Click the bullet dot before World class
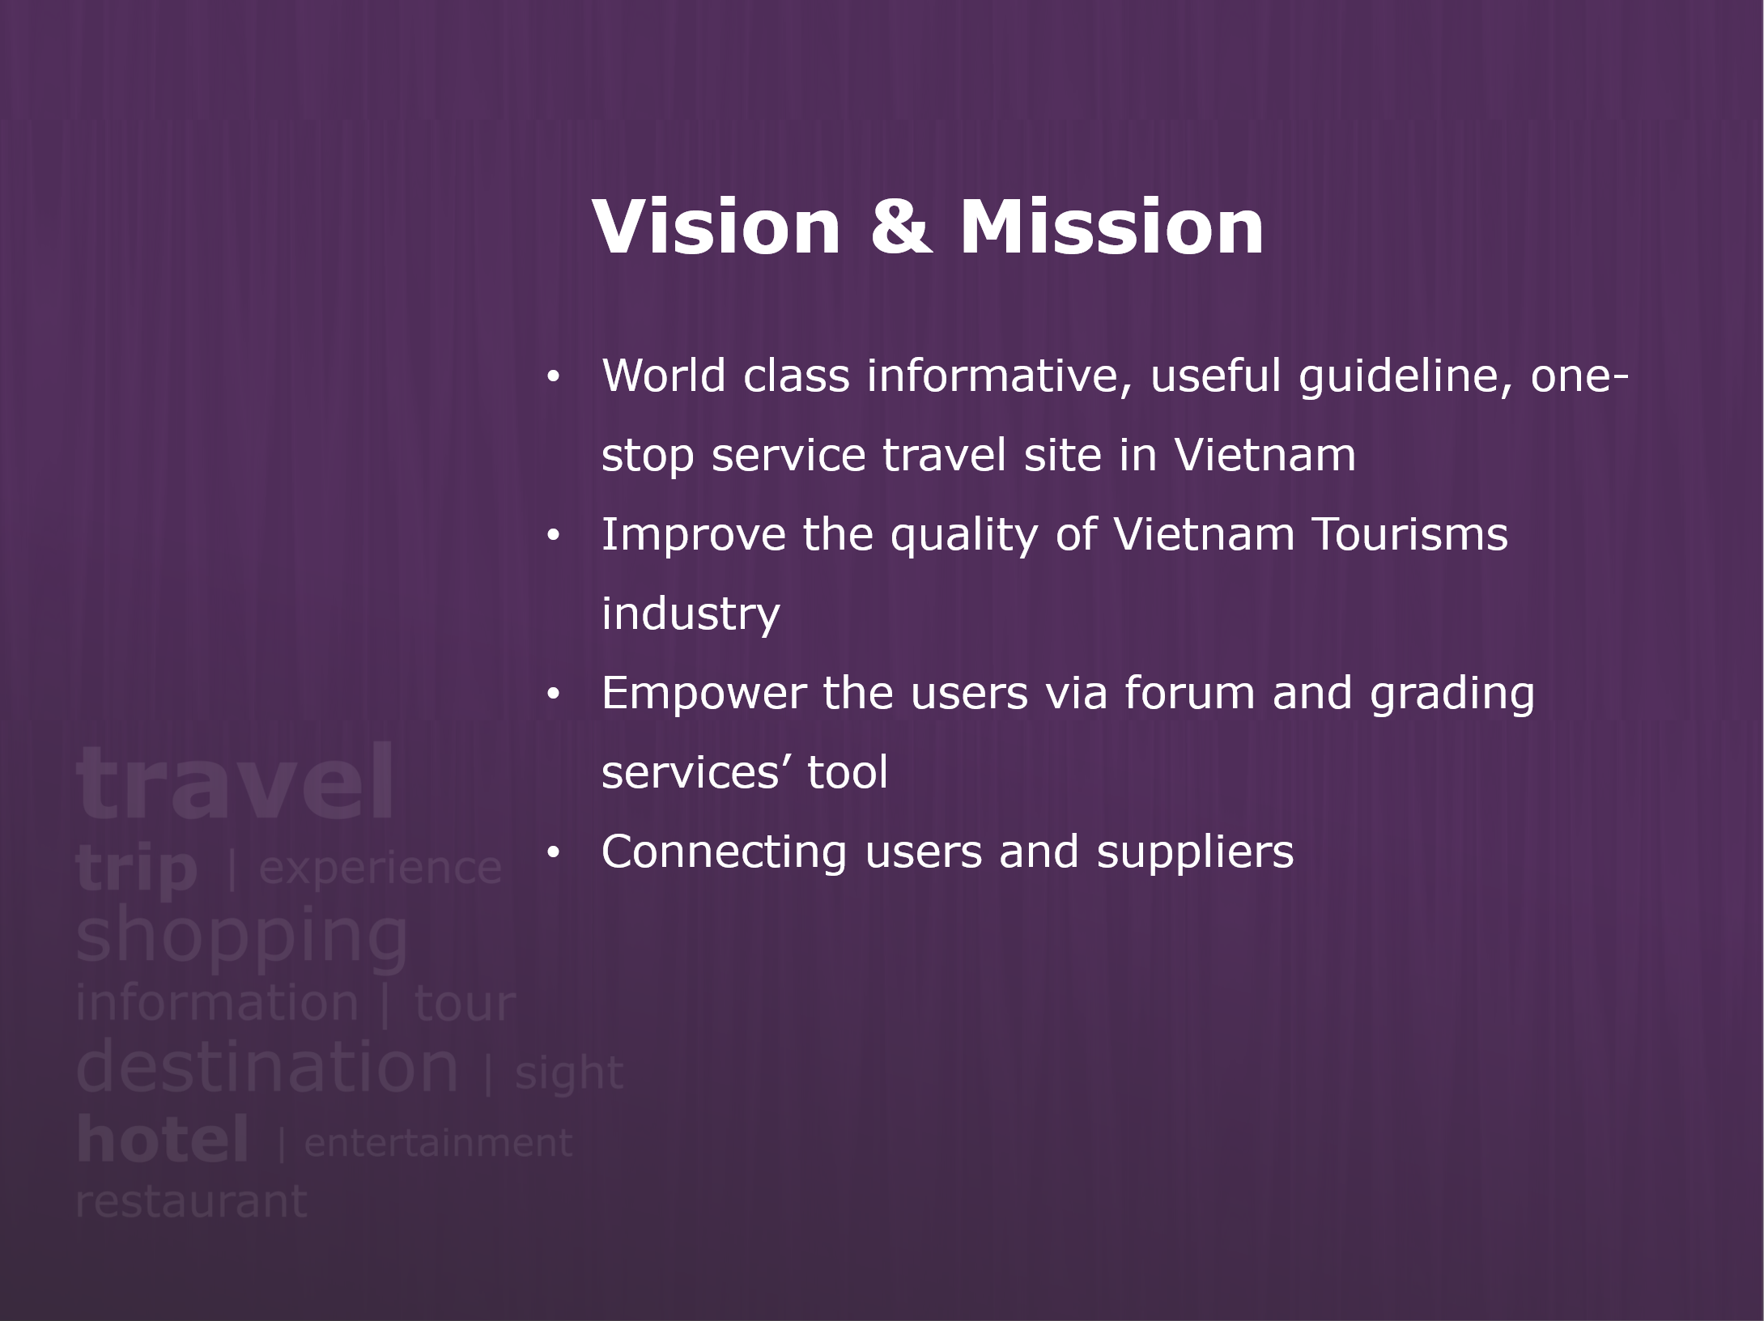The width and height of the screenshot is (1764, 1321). click(553, 377)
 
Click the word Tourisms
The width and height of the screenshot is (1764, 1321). click(1409, 534)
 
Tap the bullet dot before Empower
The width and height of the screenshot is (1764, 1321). click(553, 694)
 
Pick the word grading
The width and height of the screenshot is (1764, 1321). click(1452, 694)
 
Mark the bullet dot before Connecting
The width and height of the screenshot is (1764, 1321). click(553, 853)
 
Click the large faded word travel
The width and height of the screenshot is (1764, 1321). click(235, 783)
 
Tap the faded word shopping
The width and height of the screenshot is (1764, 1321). click(241, 937)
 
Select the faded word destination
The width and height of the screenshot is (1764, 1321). click(267, 1066)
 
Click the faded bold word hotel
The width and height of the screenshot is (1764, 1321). click(162, 1139)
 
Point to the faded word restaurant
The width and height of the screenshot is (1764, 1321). click(191, 1201)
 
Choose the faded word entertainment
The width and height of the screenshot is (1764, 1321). click(438, 1143)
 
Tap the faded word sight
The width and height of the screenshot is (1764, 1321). click(569, 1073)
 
